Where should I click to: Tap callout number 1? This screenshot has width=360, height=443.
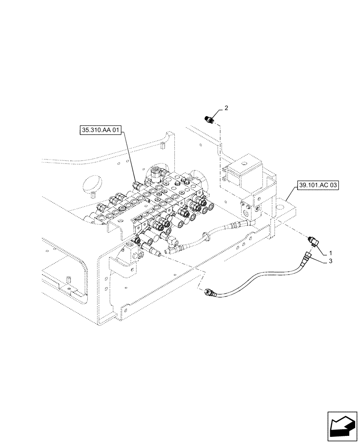330,253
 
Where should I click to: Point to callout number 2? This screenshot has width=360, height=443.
226,108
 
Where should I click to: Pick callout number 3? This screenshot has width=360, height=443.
330,262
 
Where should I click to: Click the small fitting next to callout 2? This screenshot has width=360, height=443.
209,119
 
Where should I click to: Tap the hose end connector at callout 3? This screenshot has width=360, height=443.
306,256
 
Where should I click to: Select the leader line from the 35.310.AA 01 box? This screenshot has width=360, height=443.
129,159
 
